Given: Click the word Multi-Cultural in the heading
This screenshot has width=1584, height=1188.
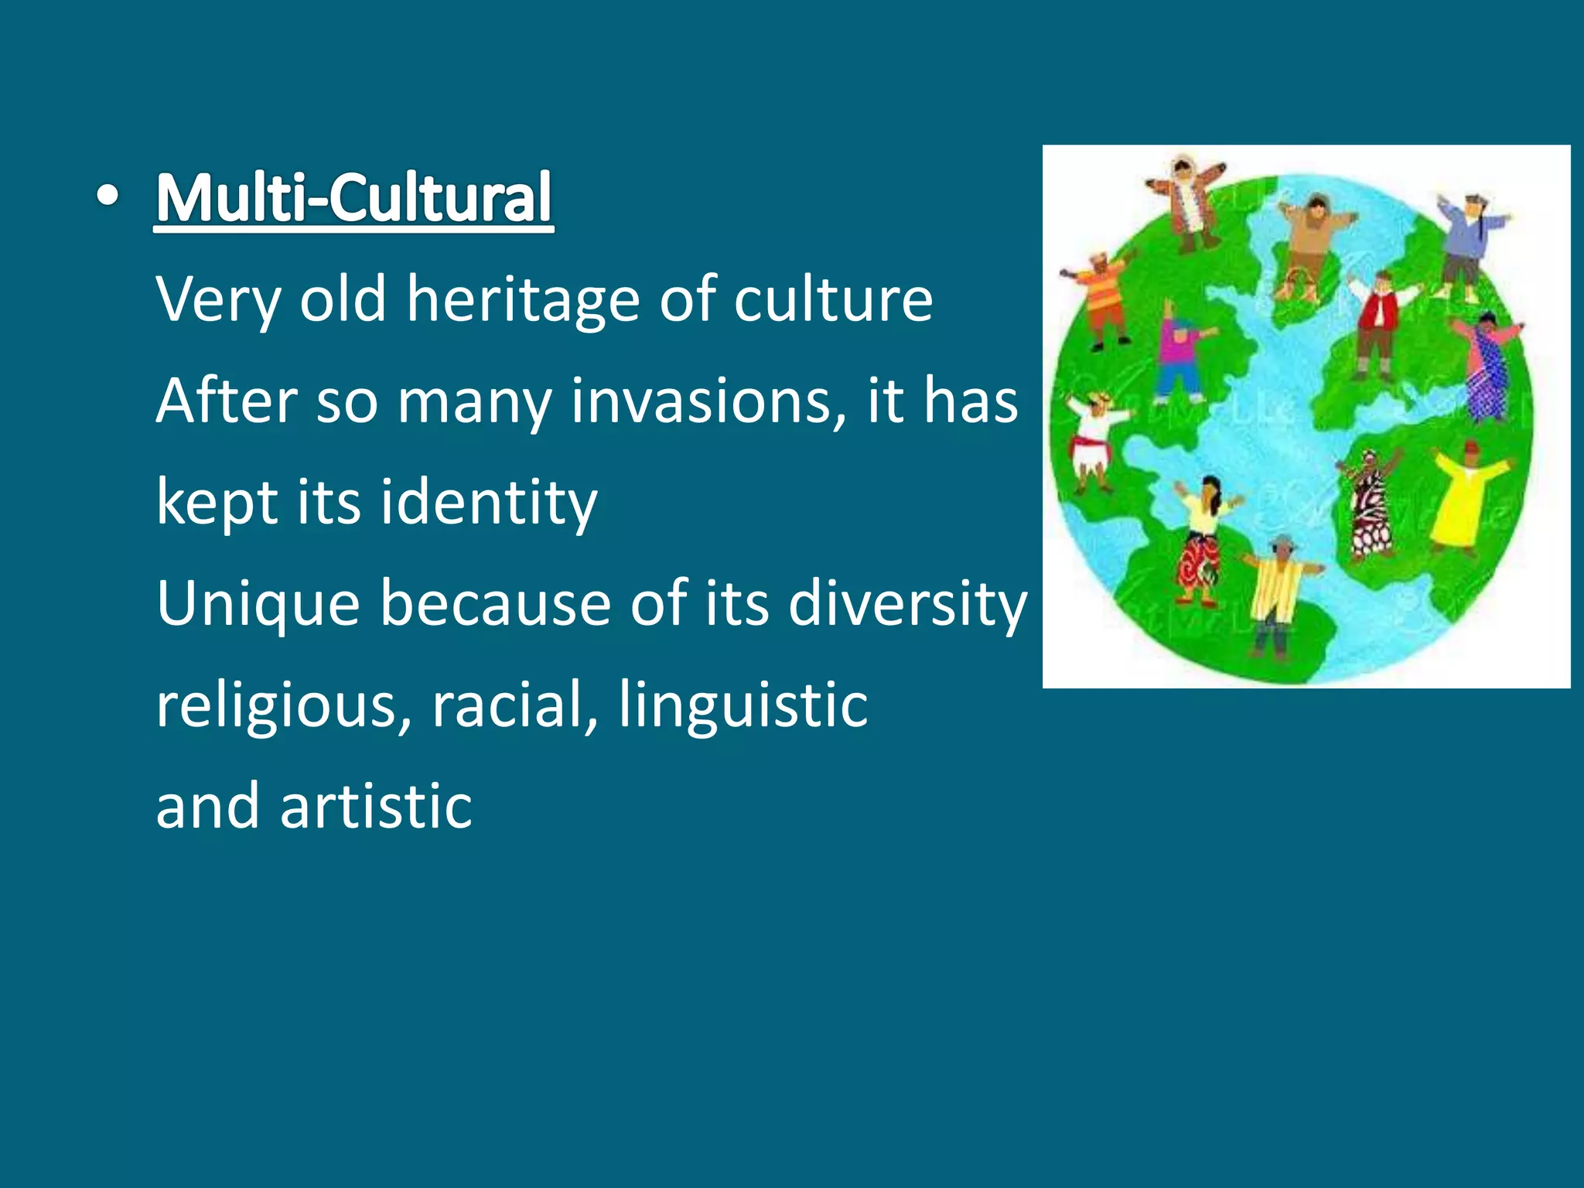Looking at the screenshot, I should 354,198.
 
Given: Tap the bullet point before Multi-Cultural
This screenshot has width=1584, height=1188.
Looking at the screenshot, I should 108,198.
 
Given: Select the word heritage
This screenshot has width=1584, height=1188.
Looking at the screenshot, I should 523,300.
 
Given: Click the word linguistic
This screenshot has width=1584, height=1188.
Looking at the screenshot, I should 742,705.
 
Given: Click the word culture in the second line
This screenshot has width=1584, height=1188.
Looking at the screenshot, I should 833,300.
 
